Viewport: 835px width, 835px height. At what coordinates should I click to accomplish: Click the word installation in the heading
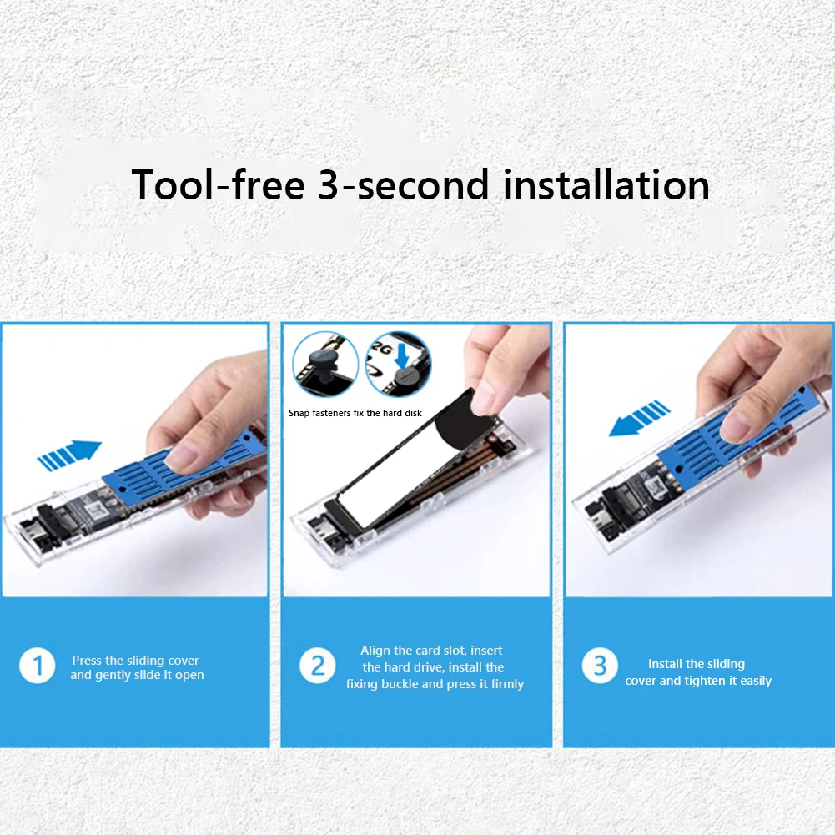click(606, 184)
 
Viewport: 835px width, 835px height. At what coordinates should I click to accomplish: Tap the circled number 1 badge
click(38, 666)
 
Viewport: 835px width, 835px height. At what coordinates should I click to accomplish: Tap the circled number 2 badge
click(317, 666)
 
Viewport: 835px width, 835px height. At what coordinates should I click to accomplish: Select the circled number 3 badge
click(600, 666)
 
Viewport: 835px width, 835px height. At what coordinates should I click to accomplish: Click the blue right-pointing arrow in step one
click(69, 455)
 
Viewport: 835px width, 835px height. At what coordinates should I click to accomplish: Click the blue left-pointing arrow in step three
click(639, 419)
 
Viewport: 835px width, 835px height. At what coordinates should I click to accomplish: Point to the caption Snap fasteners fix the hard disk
click(355, 413)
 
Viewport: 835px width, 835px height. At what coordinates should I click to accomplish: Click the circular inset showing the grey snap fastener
click(325, 365)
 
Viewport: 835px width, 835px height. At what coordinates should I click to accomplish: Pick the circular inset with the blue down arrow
click(399, 365)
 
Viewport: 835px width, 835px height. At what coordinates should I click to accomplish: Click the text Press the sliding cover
click(135, 661)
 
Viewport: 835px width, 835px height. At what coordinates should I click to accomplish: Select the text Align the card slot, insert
click(431, 651)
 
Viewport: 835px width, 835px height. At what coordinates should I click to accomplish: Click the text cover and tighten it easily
click(698, 681)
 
